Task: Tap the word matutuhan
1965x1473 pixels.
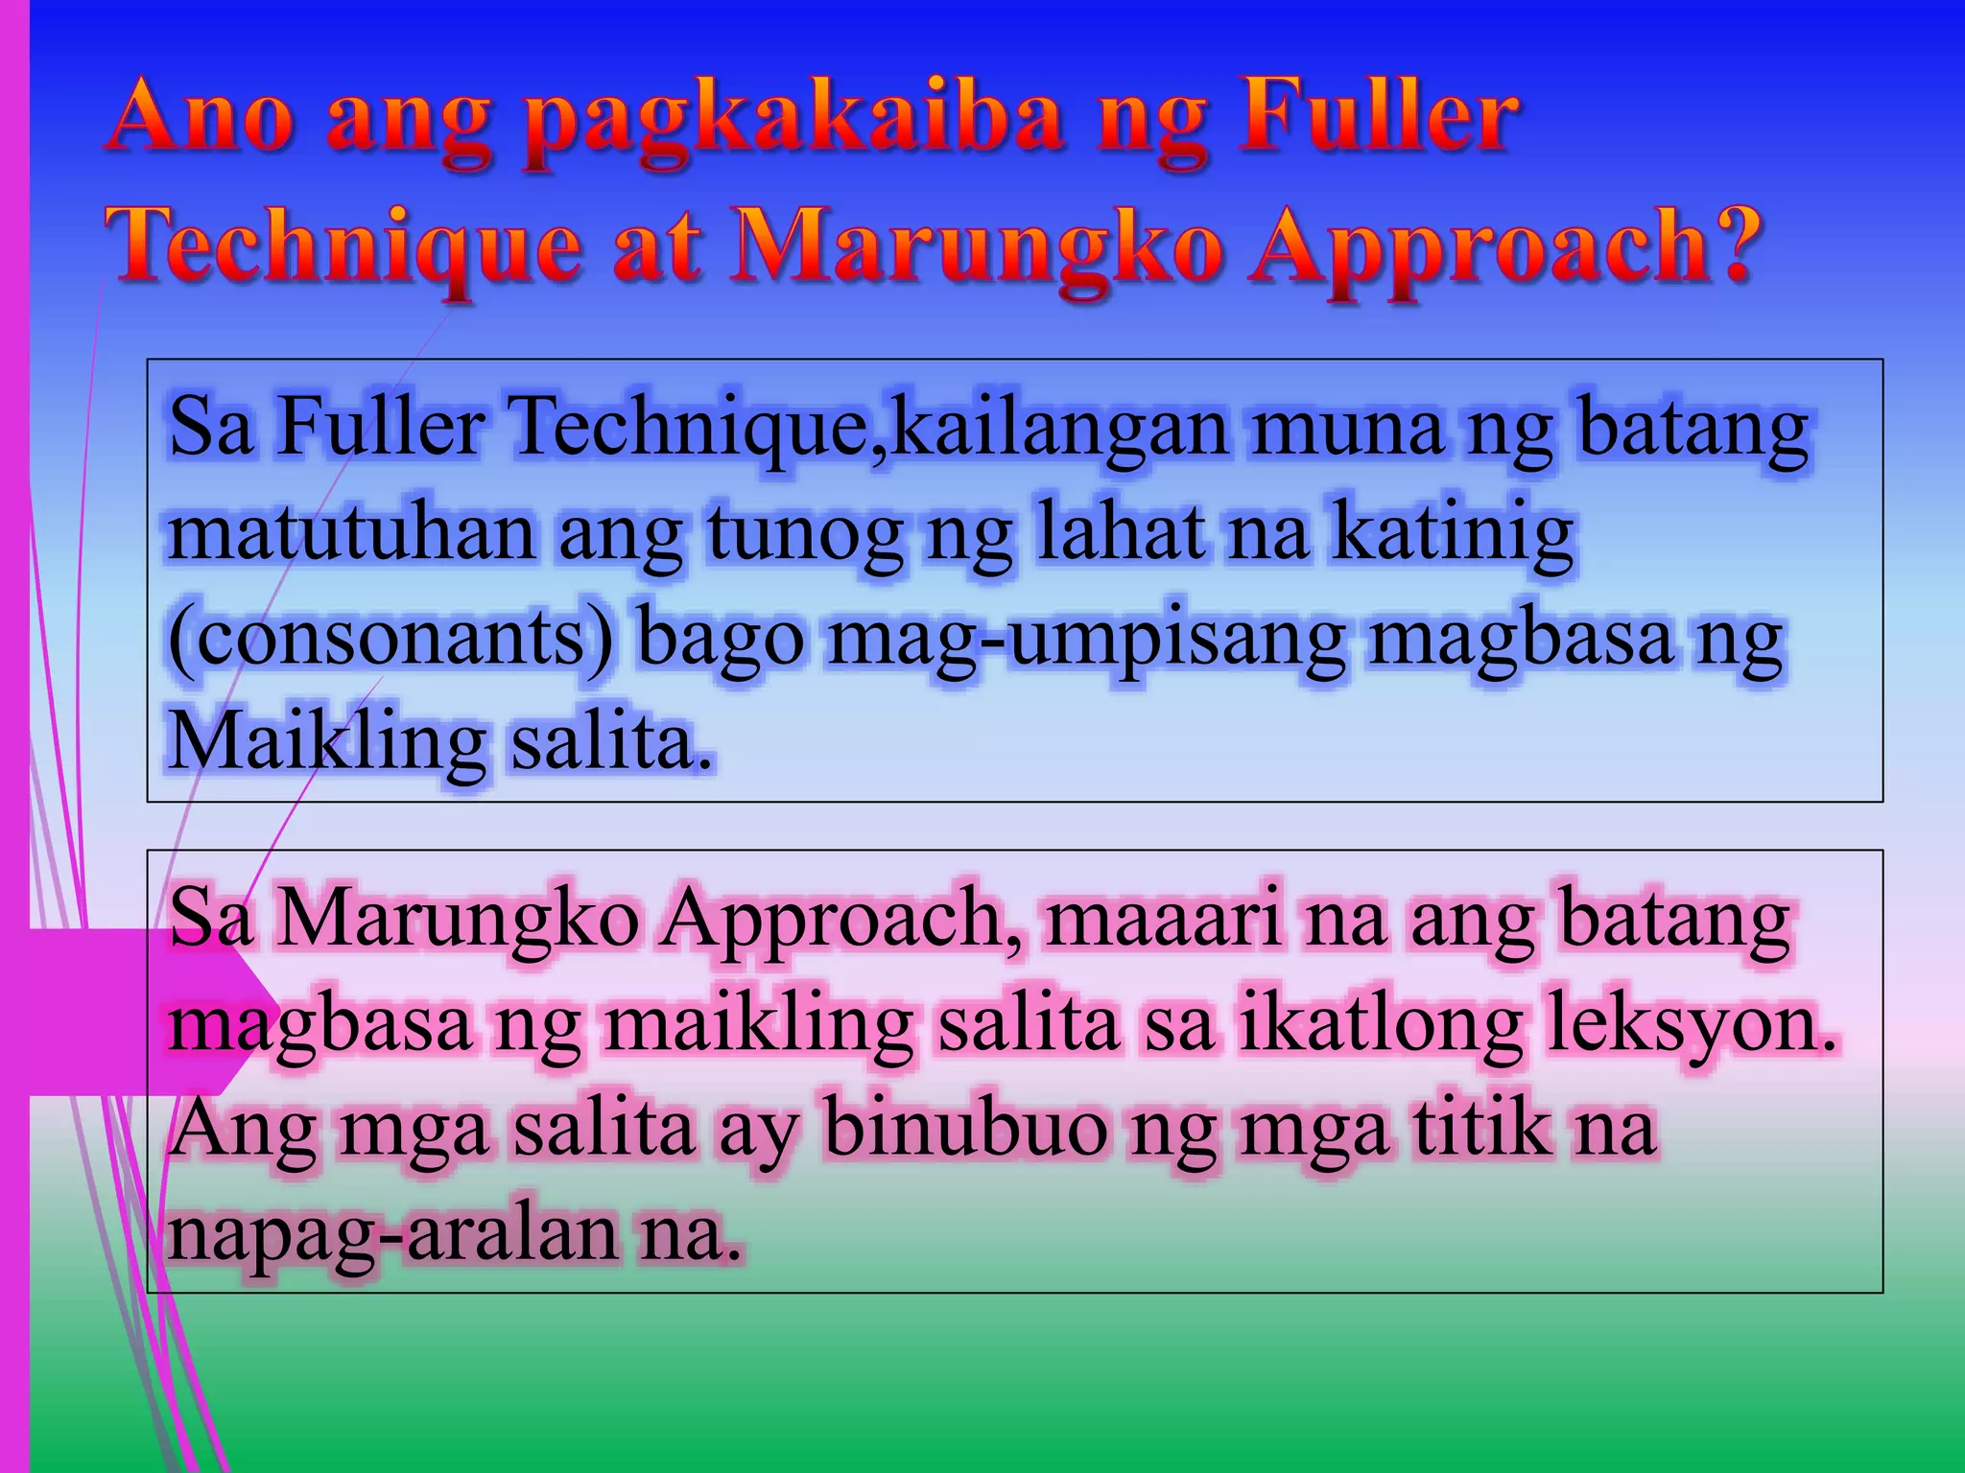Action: tap(351, 532)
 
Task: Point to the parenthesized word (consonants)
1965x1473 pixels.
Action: tap(390, 639)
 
